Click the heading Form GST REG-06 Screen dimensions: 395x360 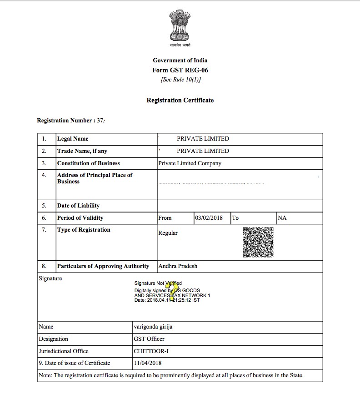(x=180, y=70)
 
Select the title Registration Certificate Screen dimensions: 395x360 (x=180, y=100)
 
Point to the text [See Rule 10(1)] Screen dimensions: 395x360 (x=180, y=80)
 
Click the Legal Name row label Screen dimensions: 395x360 (x=73, y=139)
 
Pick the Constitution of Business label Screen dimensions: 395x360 (x=89, y=163)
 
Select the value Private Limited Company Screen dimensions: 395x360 (x=190, y=163)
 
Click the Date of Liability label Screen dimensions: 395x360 (x=78, y=206)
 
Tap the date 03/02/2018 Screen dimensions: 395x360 (x=209, y=218)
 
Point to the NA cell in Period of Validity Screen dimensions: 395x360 (x=282, y=218)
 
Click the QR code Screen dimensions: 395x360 (x=258, y=242)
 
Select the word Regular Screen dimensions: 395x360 (x=168, y=233)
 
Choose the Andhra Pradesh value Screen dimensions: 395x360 (x=178, y=266)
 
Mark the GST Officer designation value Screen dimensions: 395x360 (x=149, y=339)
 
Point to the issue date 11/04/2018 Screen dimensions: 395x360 (x=148, y=363)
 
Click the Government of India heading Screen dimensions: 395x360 (x=180, y=61)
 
